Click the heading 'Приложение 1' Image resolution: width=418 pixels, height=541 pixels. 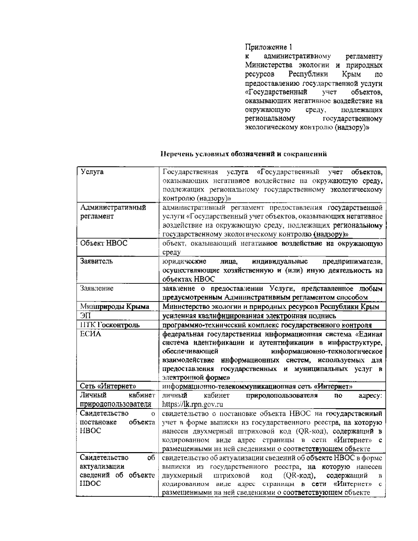pos(268,47)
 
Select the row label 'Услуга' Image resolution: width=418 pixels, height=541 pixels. pos(92,172)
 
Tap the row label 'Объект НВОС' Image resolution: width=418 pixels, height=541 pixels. pos(104,243)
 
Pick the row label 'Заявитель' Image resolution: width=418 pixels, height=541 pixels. pos(96,261)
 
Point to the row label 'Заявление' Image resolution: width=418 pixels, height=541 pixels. pos(97,288)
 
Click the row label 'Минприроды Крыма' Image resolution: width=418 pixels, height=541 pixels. pos(115,307)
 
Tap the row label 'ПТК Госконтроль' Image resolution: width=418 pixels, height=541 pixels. pos(110,325)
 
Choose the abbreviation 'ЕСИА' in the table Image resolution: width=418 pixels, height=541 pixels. pos(90,334)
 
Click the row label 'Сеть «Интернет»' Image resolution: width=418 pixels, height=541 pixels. pos(108,386)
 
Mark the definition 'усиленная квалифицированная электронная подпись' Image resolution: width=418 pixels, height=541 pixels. pos(249,316)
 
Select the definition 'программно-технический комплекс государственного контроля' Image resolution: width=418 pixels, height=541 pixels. pos(267,325)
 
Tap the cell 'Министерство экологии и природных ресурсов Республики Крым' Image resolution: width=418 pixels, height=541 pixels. pos(271,307)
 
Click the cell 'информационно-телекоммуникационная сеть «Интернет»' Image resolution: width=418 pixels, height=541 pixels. pos(257,386)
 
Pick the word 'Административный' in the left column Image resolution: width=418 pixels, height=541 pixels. pos(113,207)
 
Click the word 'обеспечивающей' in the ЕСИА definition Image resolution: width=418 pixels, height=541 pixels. pos(190,351)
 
